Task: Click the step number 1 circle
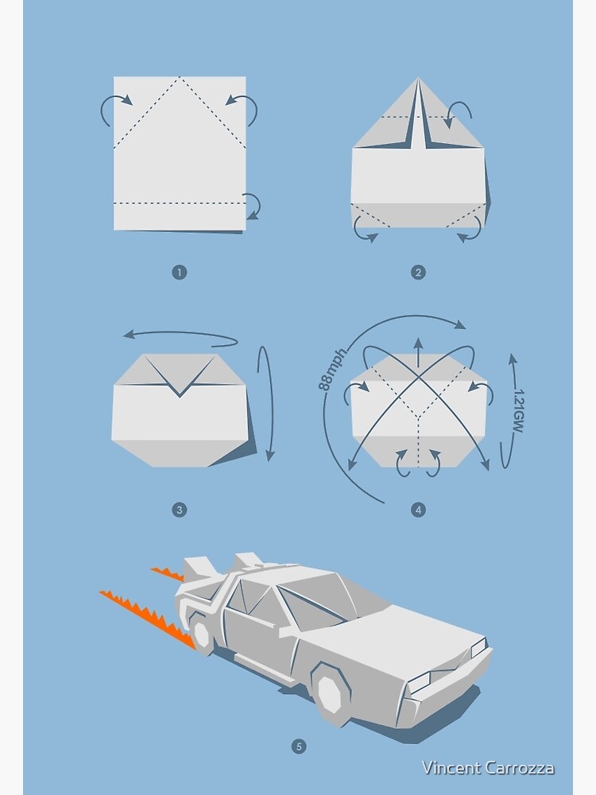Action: click(x=180, y=272)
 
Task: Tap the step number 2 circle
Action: click(x=418, y=272)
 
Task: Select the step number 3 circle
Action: click(x=180, y=510)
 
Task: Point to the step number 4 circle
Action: click(x=418, y=510)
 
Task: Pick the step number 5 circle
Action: click(x=299, y=747)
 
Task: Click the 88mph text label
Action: click(x=333, y=370)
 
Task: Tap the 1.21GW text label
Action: click(x=518, y=411)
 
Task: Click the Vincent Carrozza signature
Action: click(x=488, y=768)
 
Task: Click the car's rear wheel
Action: click(x=202, y=636)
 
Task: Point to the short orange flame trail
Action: click(x=168, y=574)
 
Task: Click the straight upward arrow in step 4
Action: click(x=418, y=352)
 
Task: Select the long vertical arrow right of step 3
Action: click(x=267, y=403)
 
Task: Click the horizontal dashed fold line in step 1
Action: click(x=180, y=204)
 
